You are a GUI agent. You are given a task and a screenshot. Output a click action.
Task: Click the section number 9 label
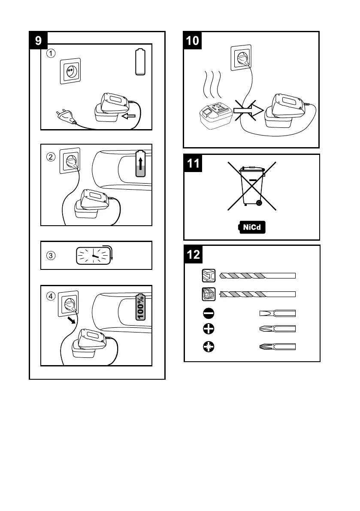pos(39,41)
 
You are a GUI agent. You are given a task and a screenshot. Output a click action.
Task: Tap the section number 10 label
pos(193,41)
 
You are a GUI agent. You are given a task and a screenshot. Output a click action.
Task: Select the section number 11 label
pos(194,164)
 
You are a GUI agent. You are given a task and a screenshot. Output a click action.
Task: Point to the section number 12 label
pos(194,255)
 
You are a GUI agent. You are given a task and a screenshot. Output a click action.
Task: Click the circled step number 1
pos(51,54)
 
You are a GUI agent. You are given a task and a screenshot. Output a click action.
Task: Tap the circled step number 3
pos(51,255)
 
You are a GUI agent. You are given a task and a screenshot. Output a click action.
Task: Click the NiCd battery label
pos(251,227)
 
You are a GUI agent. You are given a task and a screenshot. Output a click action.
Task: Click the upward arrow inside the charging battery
pos(140,164)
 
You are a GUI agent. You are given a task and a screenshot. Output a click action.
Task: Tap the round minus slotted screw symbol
pos(208,313)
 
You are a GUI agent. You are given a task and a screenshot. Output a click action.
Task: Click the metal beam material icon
pos(208,275)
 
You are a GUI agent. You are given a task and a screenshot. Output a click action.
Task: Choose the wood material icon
pos(208,294)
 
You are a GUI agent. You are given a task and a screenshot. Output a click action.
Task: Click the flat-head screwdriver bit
pos(277,313)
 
